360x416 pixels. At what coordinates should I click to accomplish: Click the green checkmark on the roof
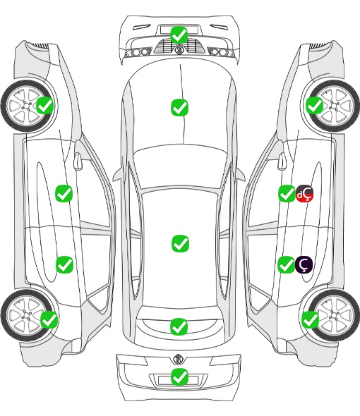pos(180,243)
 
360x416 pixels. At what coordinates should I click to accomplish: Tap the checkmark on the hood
pos(179,107)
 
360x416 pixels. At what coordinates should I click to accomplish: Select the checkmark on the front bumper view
pos(179,35)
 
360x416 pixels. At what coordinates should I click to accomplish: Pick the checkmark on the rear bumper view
pos(179,377)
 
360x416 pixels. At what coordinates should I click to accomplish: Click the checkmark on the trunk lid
pos(179,326)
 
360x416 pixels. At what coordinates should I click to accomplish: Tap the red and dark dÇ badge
pos(304,193)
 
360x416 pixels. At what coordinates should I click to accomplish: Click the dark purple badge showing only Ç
pos(304,264)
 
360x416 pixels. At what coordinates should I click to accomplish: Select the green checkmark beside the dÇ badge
pos(287,193)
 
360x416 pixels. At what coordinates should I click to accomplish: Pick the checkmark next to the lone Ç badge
pos(286,264)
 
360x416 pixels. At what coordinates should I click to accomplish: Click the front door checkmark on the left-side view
pos(64,193)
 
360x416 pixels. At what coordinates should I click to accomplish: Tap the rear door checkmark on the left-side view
pos(64,264)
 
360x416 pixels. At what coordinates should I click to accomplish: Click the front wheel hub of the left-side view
pos(27,106)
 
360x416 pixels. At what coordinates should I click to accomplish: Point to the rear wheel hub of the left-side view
pos(27,315)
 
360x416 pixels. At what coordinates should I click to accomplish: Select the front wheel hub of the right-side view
pos(333,106)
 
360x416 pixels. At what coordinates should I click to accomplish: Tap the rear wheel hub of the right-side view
pos(333,315)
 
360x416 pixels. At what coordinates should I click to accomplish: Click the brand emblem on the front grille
pos(179,49)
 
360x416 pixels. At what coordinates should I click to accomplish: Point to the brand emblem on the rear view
pos(179,359)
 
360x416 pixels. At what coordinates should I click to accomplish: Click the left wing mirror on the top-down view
pos(117,175)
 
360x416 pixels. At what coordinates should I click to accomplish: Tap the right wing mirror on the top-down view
pos(241,175)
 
